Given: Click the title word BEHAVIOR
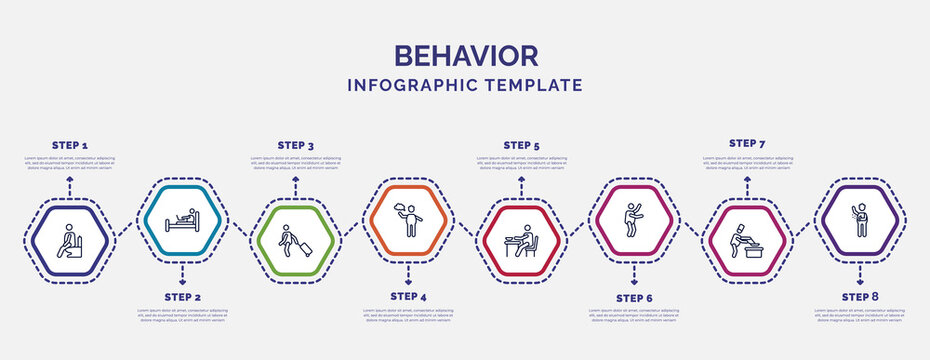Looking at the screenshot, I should pyautogui.click(x=465, y=55).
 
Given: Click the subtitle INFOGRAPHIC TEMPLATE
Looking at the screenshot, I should pyautogui.click(x=465, y=85).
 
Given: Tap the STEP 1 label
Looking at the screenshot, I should pyautogui.click(x=70, y=145).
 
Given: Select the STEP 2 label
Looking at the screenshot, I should pyautogui.click(x=182, y=298).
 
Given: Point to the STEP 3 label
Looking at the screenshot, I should pyautogui.click(x=295, y=145).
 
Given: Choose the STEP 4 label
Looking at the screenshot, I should pyautogui.click(x=408, y=297).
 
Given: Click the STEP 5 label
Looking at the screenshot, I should pyautogui.click(x=521, y=145).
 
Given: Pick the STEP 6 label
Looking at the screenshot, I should pyautogui.click(x=634, y=298).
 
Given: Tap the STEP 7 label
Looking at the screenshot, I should pyautogui.click(x=747, y=143).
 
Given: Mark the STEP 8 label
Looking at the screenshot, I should pyautogui.click(x=860, y=297).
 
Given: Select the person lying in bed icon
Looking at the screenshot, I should pyautogui.click(x=182, y=218).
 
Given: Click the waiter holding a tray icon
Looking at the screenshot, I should pyautogui.click(x=407, y=218).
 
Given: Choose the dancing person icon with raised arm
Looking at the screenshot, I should pyautogui.click(x=634, y=218).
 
